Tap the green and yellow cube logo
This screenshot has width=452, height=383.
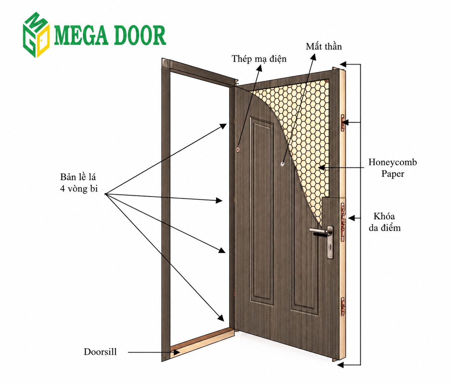pyautogui.click(x=36, y=35)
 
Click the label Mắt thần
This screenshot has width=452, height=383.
pyautogui.click(x=324, y=46)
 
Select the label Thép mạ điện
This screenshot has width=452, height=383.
pyautogui.click(x=259, y=59)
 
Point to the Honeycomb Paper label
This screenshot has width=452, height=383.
pyautogui.click(x=393, y=168)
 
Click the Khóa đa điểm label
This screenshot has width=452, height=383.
pyautogui.click(x=385, y=222)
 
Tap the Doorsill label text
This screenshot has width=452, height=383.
pyautogui.click(x=100, y=352)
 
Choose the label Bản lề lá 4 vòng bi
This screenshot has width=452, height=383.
pyautogui.click(x=79, y=183)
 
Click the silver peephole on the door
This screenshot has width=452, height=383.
pyautogui.click(x=283, y=163)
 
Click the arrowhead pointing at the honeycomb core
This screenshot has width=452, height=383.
pyautogui.click(x=322, y=168)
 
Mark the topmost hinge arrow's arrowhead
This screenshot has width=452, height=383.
pyautogui.click(x=223, y=126)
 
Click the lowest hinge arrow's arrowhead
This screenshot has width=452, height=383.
pyautogui.click(x=221, y=318)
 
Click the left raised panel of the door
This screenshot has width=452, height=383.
pyautogui.click(x=262, y=211)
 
